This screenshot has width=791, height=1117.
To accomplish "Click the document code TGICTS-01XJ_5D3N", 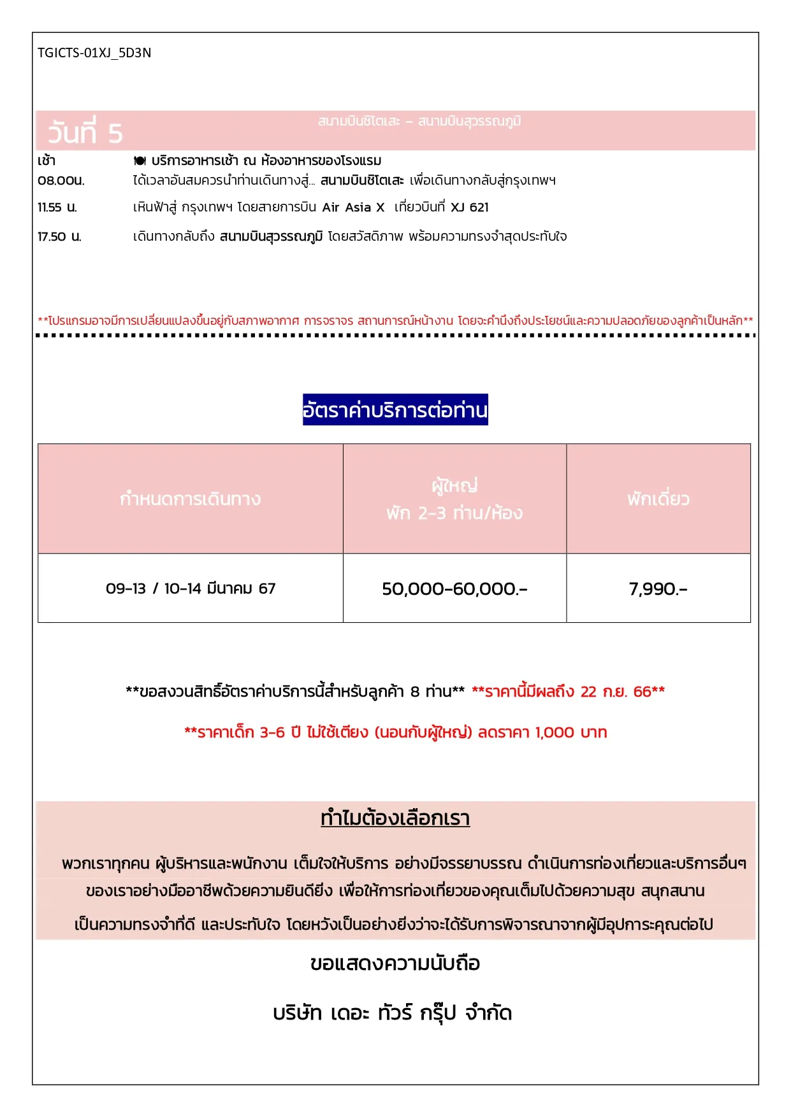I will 94,53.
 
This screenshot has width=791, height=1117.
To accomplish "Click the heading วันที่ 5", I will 85,133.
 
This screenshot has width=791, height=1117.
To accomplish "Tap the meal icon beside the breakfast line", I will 140,161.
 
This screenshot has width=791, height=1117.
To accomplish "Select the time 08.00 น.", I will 61,181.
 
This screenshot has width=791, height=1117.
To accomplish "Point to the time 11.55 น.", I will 57,208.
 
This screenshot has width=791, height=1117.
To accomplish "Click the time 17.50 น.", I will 59,237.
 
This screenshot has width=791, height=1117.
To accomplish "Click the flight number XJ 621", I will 470,208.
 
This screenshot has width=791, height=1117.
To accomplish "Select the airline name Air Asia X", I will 353,208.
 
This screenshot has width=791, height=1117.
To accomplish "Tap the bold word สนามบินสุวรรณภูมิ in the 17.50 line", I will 271,237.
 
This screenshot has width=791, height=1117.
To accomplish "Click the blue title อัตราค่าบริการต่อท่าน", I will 395,410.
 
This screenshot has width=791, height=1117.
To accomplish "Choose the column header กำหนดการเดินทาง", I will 190,499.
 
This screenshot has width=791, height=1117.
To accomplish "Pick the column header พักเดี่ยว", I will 658,499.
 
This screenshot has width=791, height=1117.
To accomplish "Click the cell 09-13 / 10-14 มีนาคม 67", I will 191,588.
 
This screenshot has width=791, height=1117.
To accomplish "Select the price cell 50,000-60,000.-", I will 454,589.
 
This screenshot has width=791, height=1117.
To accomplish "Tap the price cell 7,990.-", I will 658,589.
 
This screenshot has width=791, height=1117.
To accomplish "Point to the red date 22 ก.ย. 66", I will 615,692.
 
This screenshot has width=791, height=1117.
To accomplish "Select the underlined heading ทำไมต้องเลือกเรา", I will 395,818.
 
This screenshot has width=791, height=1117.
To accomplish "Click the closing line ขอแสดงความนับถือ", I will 395,964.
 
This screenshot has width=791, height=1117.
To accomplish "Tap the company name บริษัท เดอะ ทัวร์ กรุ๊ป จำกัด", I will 393,1013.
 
